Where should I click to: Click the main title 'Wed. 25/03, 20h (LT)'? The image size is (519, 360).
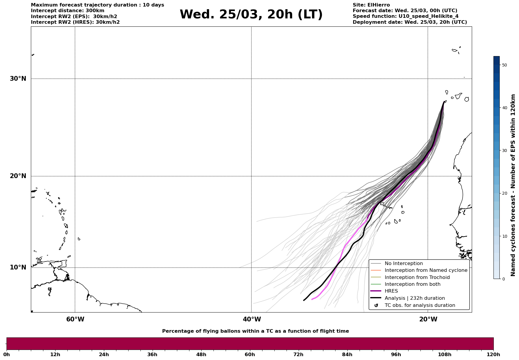click(251, 15)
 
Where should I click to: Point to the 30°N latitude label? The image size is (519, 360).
click(18, 79)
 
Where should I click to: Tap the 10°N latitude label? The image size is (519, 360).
click(18, 267)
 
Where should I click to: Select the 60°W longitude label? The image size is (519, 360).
click(75, 319)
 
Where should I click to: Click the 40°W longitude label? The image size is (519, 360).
click(252, 319)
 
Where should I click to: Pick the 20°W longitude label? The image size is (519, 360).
click(428, 319)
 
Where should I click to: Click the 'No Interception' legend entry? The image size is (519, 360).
click(404, 264)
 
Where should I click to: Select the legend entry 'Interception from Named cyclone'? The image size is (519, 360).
click(426, 270)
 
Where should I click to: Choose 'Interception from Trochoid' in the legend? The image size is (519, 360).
click(417, 277)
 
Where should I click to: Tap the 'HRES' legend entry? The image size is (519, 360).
click(391, 291)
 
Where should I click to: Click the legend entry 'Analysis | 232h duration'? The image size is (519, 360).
click(414, 298)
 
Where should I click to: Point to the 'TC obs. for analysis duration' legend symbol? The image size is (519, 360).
click(376, 305)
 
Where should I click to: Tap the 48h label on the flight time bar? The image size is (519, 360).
click(201, 354)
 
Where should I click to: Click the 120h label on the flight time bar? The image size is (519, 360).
click(493, 354)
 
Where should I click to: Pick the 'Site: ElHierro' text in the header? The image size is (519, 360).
click(371, 5)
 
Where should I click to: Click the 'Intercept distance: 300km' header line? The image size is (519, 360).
click(67, 11)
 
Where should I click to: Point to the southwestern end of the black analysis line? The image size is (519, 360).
click(304, 300)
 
